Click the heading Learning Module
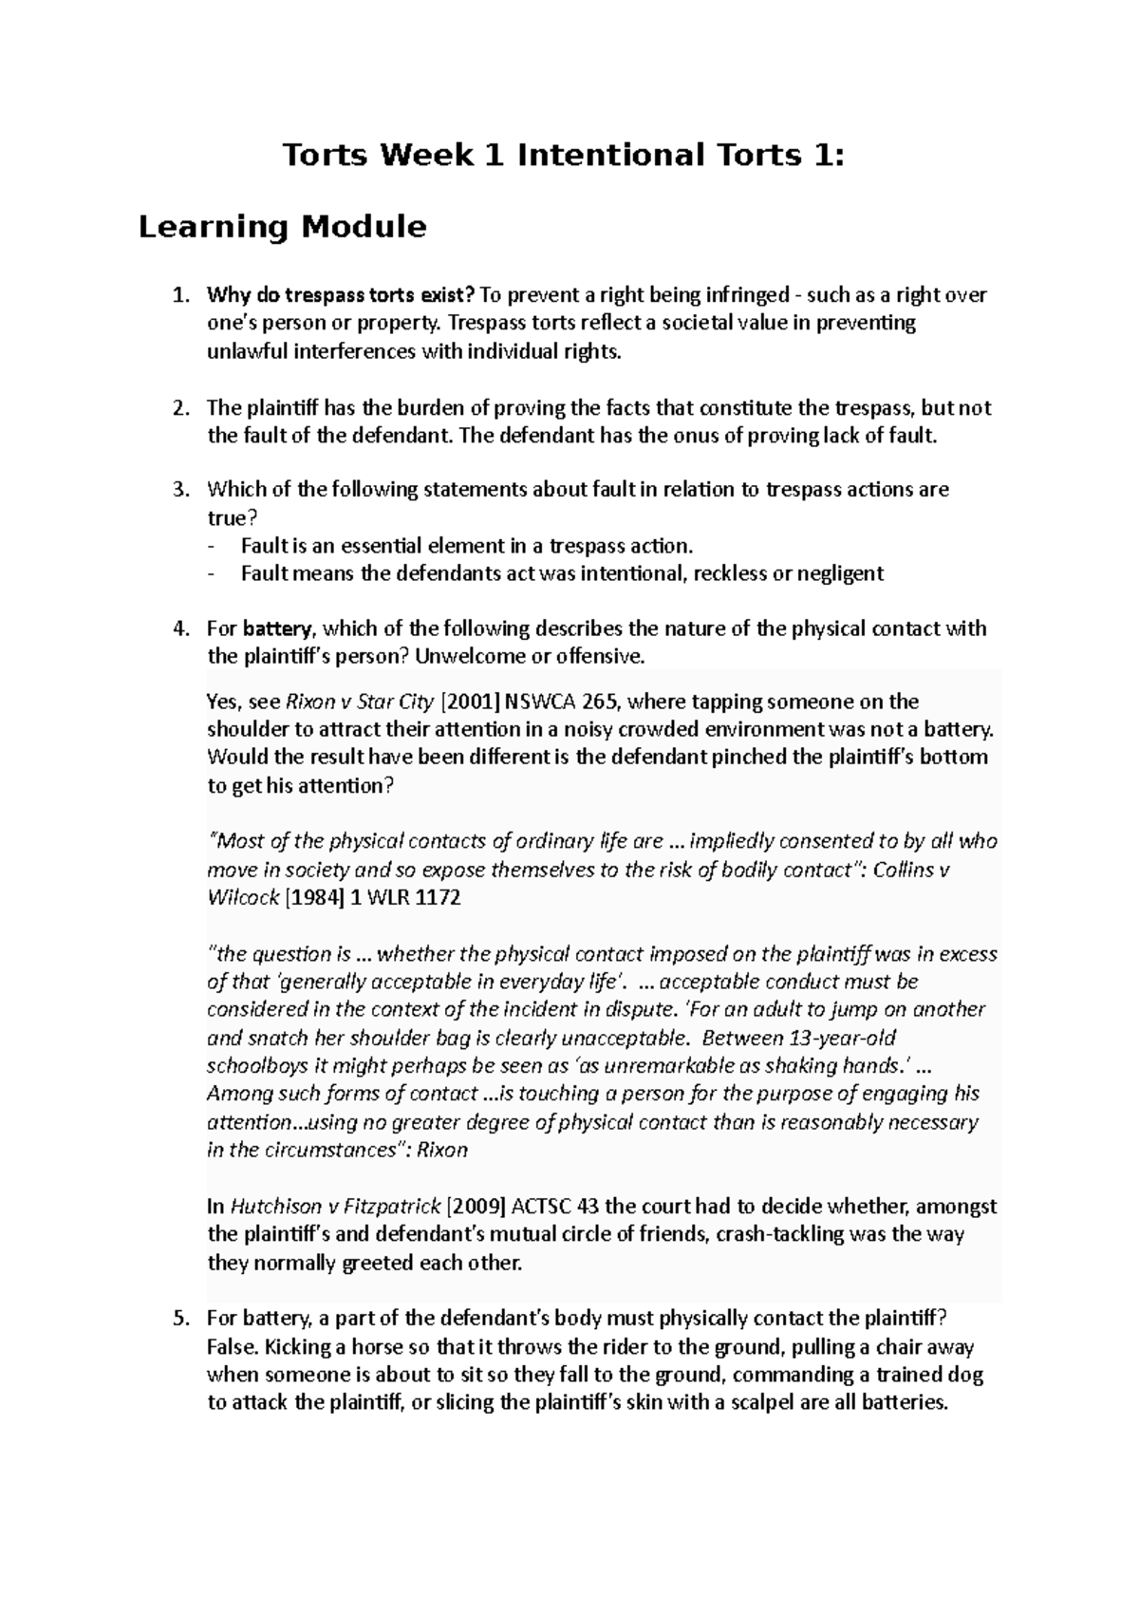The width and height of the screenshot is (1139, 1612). (x=282, y=227)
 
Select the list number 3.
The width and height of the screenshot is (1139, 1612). (x=180, y=490)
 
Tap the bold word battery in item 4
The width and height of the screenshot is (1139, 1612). (x=277, y=628)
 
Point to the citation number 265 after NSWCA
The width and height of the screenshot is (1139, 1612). (x=598, y=703)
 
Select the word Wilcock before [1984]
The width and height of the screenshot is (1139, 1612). (x=243, y=897)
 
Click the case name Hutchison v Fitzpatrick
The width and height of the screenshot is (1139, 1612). (x=335, y=1208)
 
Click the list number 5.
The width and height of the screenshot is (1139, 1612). (x=180, y=1319)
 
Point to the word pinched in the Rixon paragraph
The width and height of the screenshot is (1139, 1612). (x=750, y=758)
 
